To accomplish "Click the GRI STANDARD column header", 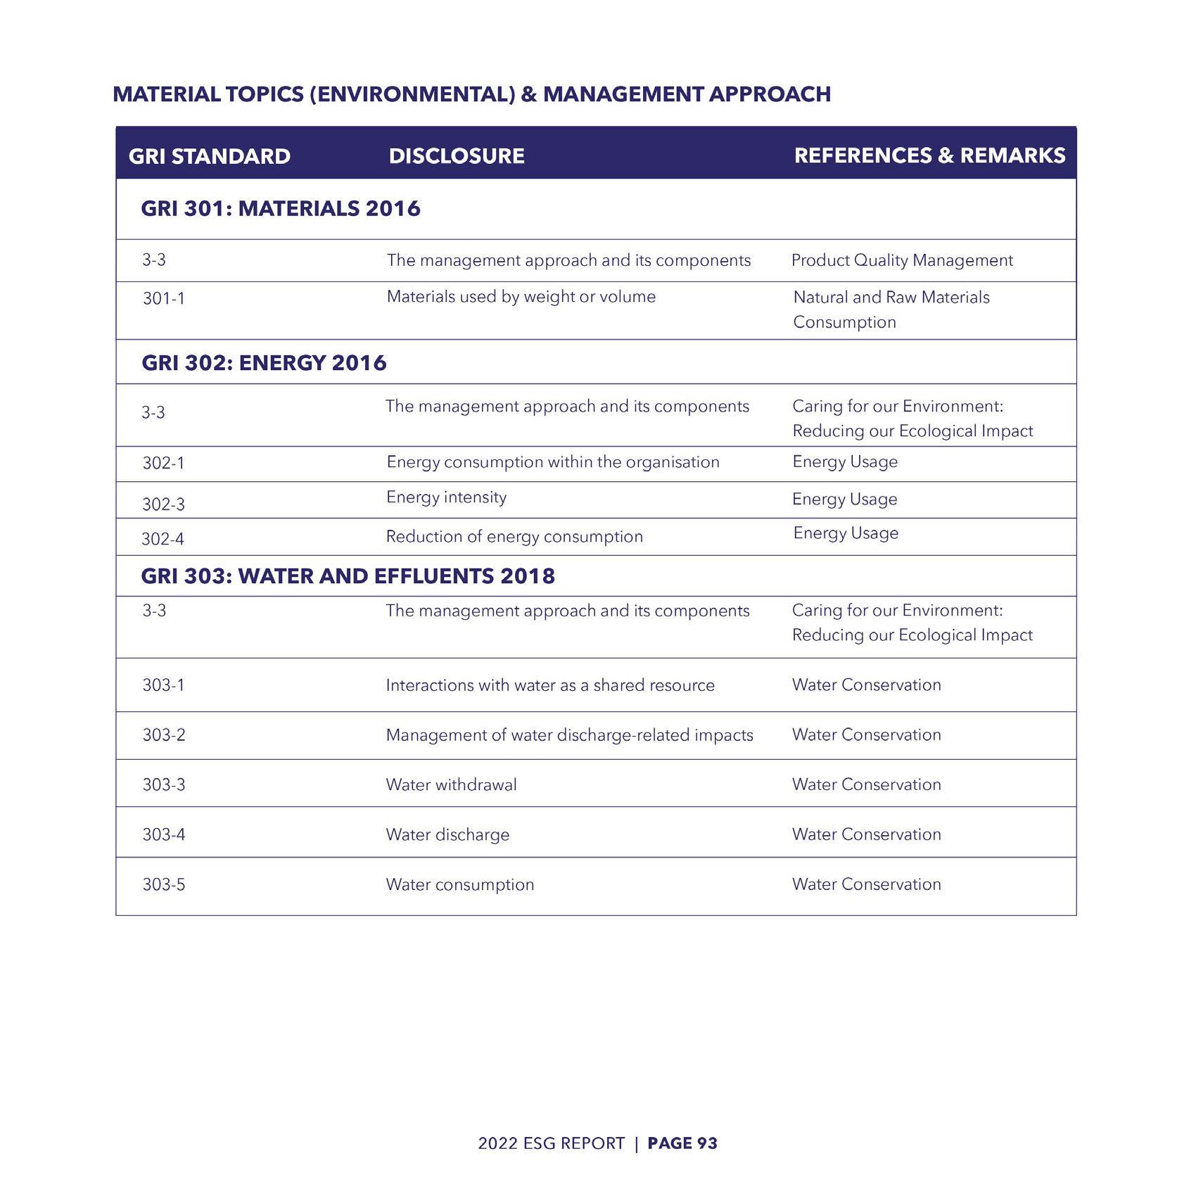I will point(209,156).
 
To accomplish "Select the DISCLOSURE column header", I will point(457,155).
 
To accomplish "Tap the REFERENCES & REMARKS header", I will point(929,155).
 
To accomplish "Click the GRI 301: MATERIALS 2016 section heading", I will point(281,208).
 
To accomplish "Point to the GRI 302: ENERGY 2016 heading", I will point(264,363).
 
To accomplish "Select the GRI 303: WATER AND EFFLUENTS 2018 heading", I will point(348,576).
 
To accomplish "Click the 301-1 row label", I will point(164,298).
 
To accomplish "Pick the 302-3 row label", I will point(164,504).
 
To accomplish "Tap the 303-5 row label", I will point(164,884).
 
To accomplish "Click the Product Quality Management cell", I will point(902,260).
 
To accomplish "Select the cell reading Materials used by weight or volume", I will point(521,297).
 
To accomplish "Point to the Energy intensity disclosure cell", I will point(446,497).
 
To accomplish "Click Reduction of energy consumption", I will point(514,537).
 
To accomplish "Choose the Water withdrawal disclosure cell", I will point(451,784).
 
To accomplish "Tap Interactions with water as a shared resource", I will point(550,685).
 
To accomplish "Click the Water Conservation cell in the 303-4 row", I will point(866,834).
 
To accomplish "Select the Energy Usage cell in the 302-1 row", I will point(845,462).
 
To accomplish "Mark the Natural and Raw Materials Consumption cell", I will point(891,310).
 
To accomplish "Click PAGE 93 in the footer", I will point(682,1143).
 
